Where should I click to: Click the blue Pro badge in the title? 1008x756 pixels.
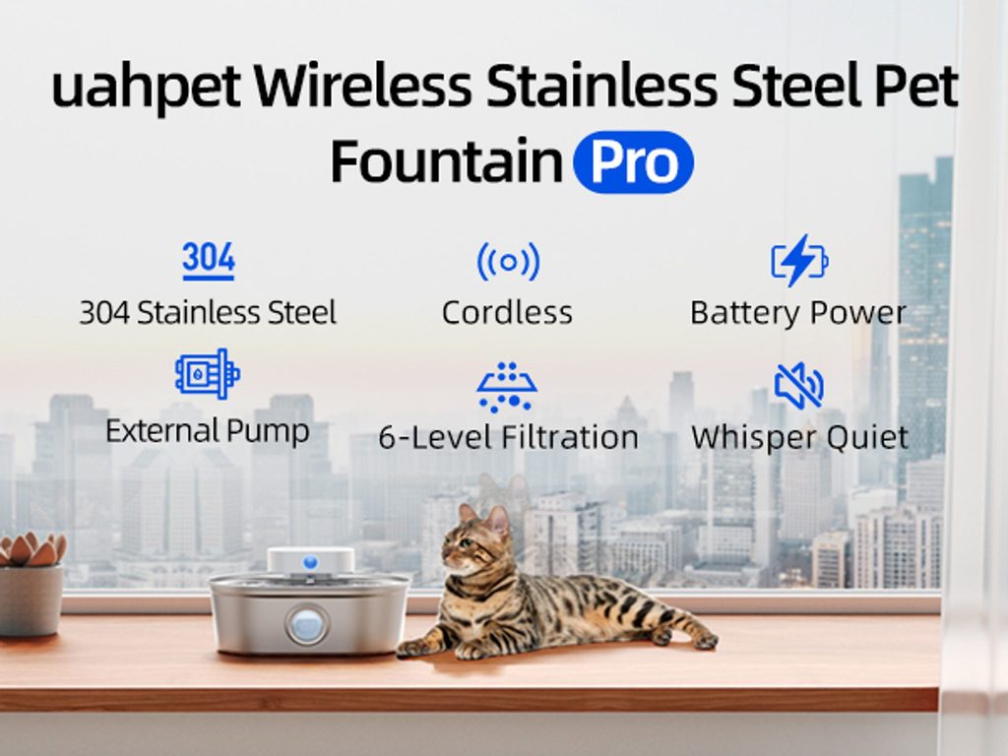click(x=633, y=162)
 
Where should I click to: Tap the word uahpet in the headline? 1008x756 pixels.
click(x=147, y=87)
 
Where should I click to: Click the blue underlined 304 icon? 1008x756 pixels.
click(x=209, y=261)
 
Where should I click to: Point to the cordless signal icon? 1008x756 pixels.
click(x=508, y=262)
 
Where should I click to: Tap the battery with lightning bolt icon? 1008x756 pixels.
click(x=799, y=260)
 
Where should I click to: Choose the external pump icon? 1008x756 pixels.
click(x=208, y=373)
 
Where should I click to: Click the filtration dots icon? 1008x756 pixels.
click(x=507, y=386)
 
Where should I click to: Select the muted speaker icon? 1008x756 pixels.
click(x=799, y=386)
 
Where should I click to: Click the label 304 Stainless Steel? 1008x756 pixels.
click(x=208, y=313)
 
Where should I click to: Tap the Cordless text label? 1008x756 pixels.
click(x=507, y=313)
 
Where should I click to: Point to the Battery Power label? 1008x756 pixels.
click(x=797, y=314)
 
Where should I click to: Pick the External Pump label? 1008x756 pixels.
click(x=207, y=431)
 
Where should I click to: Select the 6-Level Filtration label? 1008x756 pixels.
click(x=508, y=438)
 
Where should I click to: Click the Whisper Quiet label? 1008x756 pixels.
click(x=799, y=438)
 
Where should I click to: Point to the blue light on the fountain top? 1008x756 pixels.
click(x=310, y=562)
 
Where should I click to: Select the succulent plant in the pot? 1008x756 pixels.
click(x=32, y=549)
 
